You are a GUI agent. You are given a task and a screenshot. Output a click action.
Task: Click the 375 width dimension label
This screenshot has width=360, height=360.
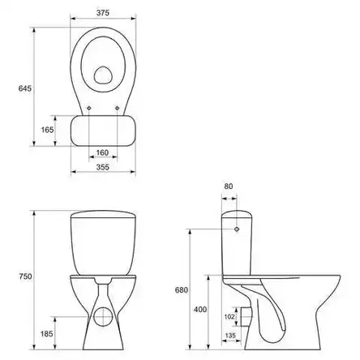(103, 13)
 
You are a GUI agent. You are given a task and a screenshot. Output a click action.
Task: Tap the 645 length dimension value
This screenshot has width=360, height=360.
(25, 88)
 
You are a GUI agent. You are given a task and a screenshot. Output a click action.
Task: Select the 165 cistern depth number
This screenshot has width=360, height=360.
(47, 130)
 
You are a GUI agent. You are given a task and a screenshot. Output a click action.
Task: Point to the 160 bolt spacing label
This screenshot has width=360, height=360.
(102, 152)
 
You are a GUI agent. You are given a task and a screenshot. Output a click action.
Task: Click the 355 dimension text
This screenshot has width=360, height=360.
(103, 167)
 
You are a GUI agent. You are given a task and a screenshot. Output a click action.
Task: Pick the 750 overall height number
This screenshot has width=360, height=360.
(25, 276)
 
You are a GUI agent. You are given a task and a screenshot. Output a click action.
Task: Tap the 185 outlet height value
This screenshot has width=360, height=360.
(47, 334)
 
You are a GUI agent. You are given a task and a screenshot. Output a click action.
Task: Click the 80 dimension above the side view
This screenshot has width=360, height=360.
(229, 186)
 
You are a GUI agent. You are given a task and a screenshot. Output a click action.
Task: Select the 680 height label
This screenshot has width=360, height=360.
(181, 290)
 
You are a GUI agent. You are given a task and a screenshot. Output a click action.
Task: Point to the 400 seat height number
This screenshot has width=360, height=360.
(200, 310)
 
